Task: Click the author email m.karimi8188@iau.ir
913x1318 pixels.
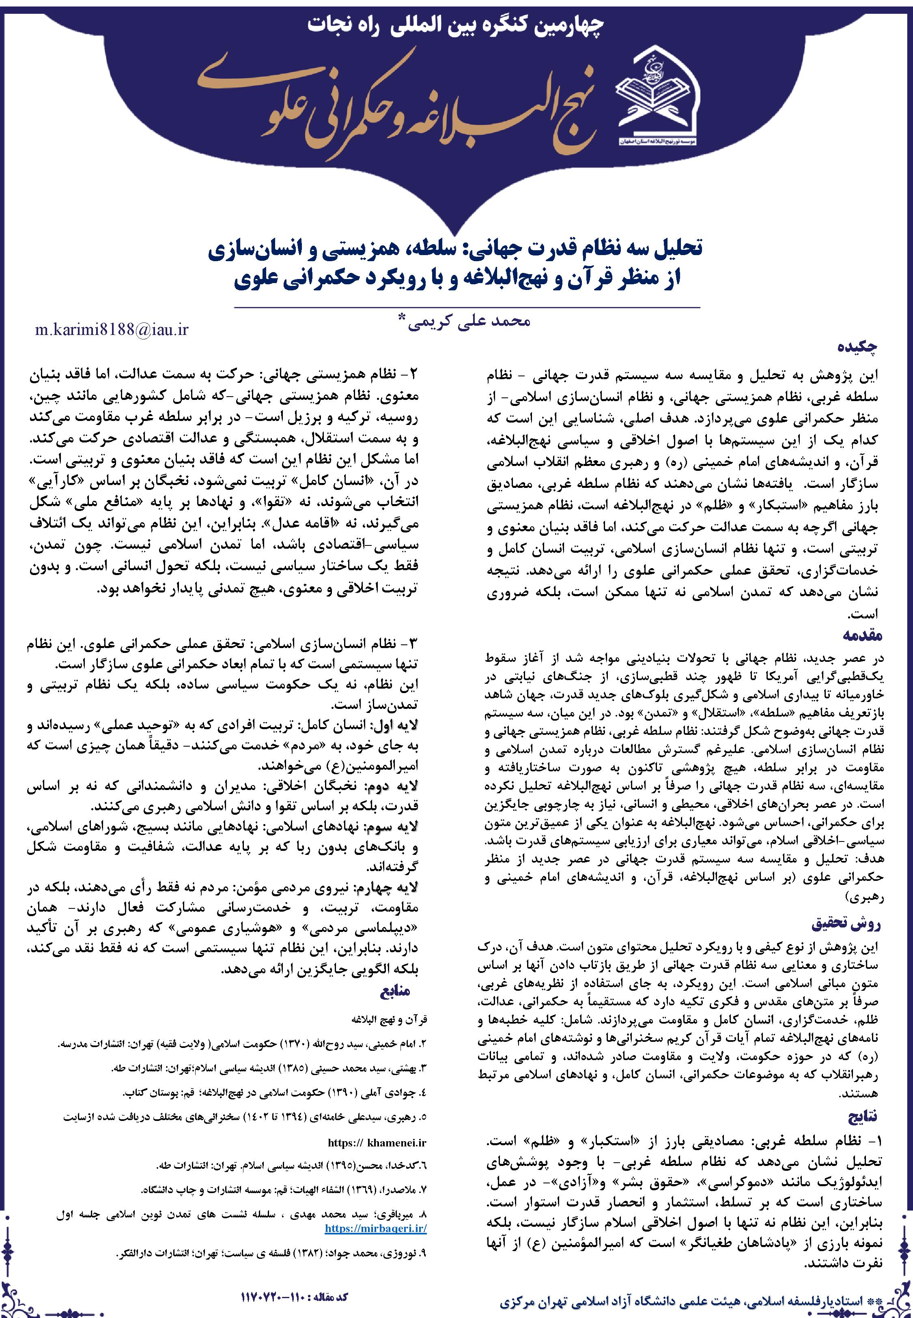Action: point(112,330)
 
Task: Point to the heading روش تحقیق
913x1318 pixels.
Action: point(846,923)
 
